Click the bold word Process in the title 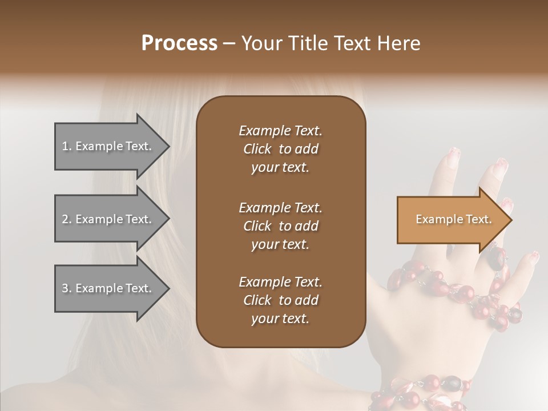[179, 43]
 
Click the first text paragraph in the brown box [280, 149]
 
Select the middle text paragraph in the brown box [280, 225]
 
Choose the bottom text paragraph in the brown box [280, 300]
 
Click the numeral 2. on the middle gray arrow [67, 219]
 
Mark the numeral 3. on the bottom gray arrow [67, 288]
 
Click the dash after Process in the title [229, 43]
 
